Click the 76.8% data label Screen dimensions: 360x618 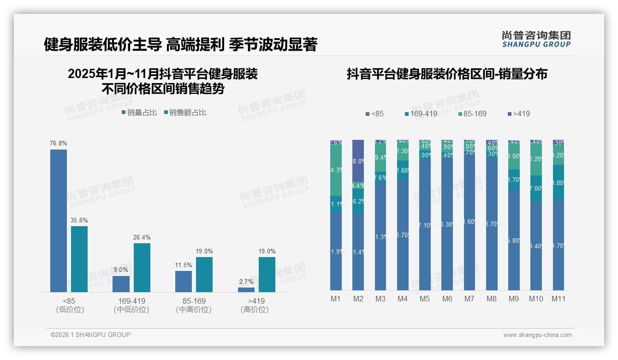pyautogui.click(x=58, y=144)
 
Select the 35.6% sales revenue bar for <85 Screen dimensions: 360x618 pyautogui.click(x=79, y=259)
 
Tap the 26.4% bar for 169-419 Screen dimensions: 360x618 pyautogui.click(x=142, y=268)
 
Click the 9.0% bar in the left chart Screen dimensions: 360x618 pyautogui.click(x=121, y=284)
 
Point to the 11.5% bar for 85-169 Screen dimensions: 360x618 pyautogui.click(x=184, y=282)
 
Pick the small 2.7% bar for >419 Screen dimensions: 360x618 pyautogui.click(x=246, y=290)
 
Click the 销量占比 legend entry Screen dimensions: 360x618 pyautogui.click(x=139, y=112)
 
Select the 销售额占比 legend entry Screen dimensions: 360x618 pyautogui.click(x=185, y=112)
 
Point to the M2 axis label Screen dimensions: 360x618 pyautogui.click(x=358, y=299)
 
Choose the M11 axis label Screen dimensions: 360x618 pyautogui.click(x=559, y=299)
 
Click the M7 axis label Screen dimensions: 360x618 pyautogui.click(x=469, y=299)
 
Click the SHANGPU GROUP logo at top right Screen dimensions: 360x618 pyautogui.click(x=536, y=39)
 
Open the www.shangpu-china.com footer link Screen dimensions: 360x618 pyautogui.click(x=537, y=335)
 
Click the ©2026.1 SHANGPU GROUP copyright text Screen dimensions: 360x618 pyautogui.click(x=90, y=335)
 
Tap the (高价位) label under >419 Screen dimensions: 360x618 pyautogui.click(x=255, y=310)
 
